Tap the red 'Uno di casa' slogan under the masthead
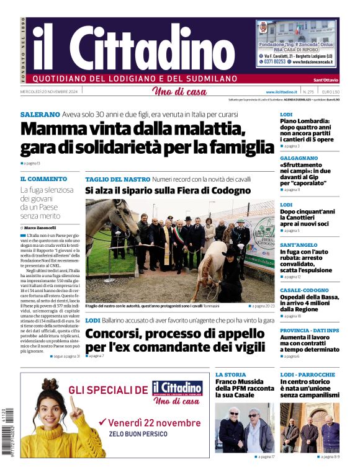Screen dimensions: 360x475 coord(179,92)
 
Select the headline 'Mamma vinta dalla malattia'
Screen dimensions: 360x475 coord(133,129)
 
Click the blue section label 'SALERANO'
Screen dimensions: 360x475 coord(40,115)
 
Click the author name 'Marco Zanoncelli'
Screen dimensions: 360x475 coord(43,228)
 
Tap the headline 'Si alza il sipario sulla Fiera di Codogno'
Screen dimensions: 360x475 coord(168,190)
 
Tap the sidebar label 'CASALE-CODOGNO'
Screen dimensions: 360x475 coord(304,290)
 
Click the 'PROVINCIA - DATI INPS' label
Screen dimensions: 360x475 coord(309,331)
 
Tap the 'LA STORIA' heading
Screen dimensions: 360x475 coord(230,375)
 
